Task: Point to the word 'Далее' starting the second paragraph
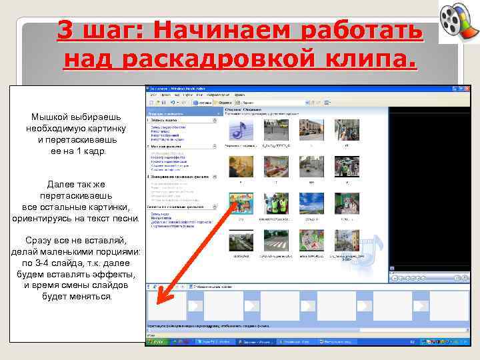[x=63, y=184]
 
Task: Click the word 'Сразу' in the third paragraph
[x=39, y=240]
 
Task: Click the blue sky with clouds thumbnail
[x=311, y=203]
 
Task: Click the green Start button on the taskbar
[x=158, y=341]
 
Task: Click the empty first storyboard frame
[x=167, y=306]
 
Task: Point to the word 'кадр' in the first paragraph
[x=94, y=151]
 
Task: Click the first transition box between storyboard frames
[x=195, y=306]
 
